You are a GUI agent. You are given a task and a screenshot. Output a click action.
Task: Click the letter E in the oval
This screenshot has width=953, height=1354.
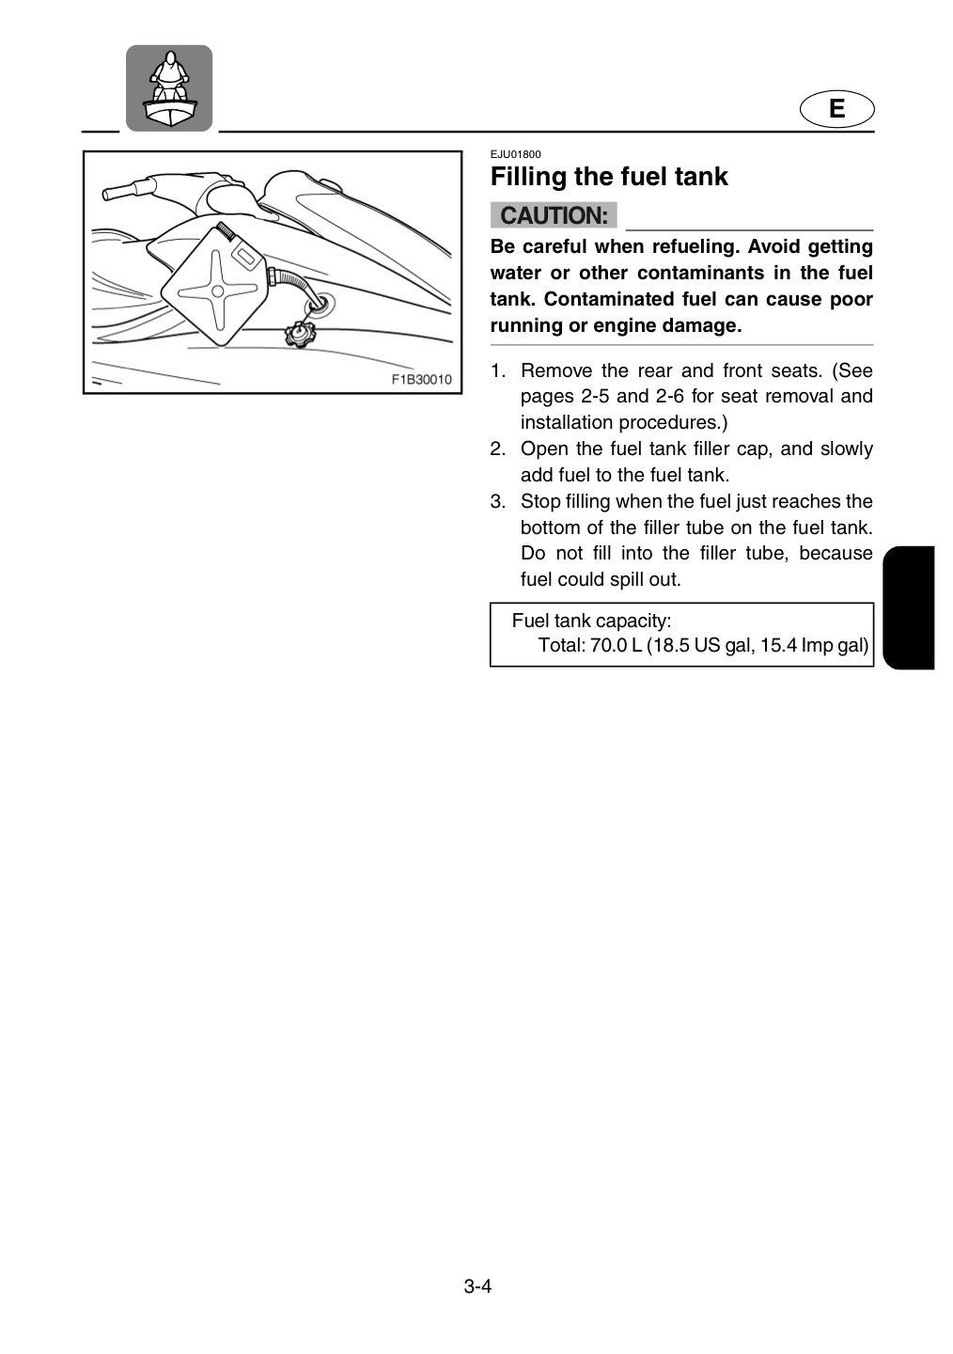click(836, 109)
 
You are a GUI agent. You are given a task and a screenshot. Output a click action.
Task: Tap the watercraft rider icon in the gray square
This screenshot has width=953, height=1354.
click(169, 88)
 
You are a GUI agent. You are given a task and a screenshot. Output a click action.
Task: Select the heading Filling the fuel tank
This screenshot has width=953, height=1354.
click(609, 177)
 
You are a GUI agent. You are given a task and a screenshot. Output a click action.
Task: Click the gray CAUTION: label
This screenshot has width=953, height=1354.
click(554, 215)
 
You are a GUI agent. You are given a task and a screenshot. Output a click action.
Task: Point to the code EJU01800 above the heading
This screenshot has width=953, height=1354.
click(515, 154)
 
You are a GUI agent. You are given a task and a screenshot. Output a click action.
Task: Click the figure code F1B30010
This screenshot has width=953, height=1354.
click(421, 379)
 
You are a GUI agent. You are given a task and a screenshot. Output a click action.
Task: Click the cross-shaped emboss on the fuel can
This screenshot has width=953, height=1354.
click(216, 291)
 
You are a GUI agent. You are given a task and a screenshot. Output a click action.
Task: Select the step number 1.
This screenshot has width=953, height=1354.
click(498, 370)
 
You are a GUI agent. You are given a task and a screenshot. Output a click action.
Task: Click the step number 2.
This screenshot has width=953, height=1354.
click(498, 449)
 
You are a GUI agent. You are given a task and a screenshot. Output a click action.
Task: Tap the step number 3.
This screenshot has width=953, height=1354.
click(498, 501)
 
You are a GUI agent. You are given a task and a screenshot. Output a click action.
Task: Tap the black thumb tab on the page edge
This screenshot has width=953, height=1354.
click(908, 607)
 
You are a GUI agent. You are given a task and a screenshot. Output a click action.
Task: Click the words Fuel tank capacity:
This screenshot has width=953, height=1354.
click(591, 621)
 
